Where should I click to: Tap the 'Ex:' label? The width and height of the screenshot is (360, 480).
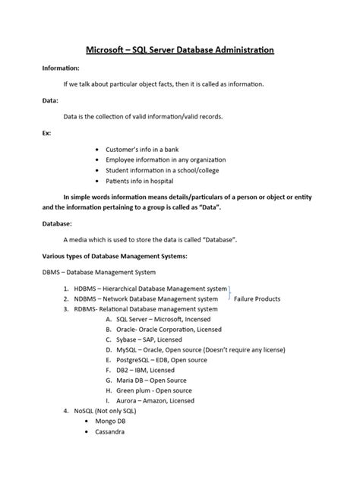click(47, 131)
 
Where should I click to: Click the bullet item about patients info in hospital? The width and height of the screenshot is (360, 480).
click(147, 183)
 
